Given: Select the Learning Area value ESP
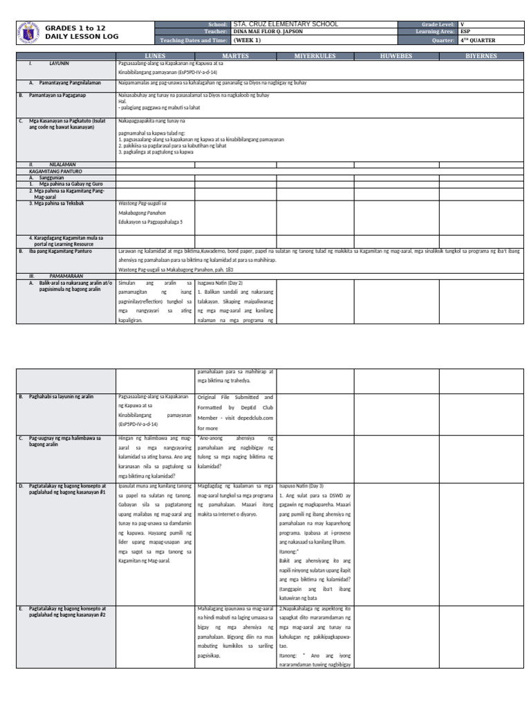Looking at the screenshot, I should point(464,32).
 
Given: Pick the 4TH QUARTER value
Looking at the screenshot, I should point(477,40).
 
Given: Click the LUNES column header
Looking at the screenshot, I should point(155,55).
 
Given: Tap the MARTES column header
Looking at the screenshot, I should point(235,55).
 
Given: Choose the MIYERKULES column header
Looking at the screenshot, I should point(315,55).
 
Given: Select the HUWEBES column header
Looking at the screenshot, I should point(395,55).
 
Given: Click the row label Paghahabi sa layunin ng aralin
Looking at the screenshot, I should point(61,396).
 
